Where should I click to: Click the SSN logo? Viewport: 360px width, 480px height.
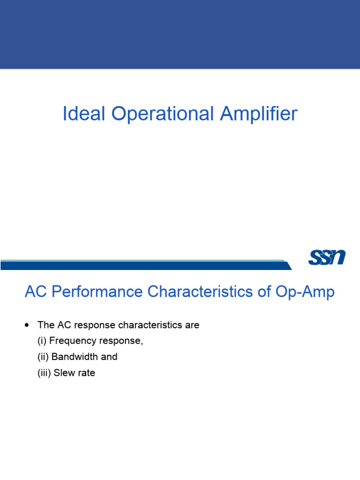pos(327,257)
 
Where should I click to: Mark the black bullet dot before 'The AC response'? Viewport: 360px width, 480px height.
pos(27,325)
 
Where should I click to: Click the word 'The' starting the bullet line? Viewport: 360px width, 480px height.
pos(46,325)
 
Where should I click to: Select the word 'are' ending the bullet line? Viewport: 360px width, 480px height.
pos(192,325)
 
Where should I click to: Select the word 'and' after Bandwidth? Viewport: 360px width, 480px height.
pos(109,357)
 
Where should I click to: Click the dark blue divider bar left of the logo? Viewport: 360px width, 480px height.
pos(141,266)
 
